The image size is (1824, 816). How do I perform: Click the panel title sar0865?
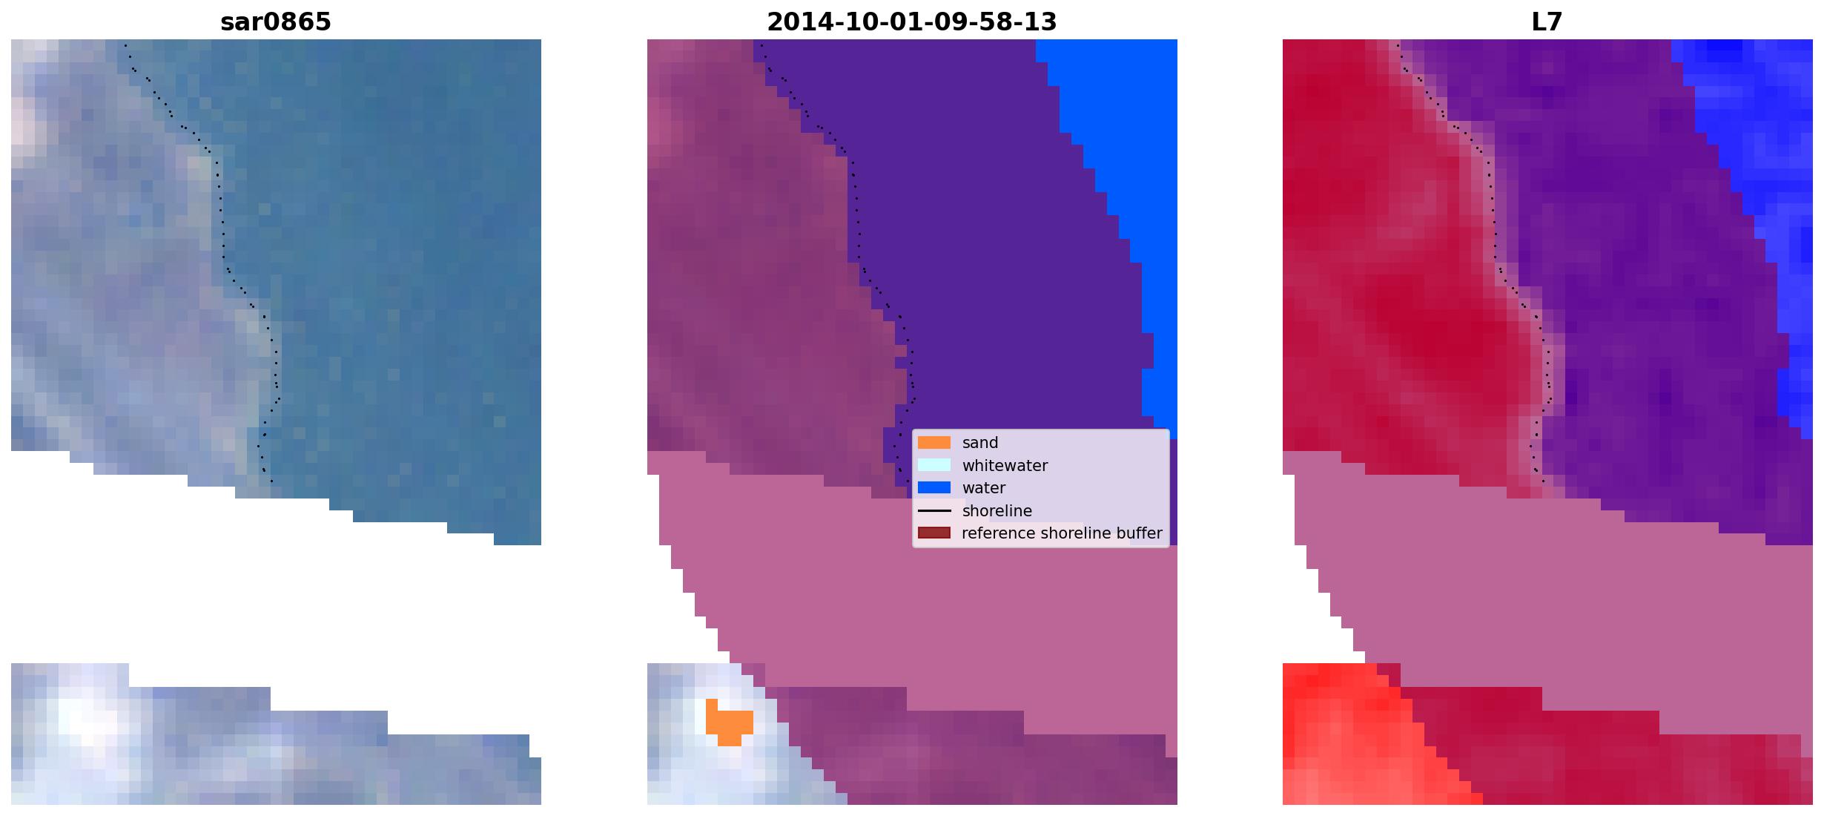[x=276, y=22]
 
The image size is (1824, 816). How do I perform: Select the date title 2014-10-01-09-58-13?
[x=911, y=22]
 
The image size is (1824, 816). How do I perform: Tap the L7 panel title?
[x=1547, y=22]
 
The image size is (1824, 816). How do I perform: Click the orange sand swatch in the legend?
[x=934, y=443]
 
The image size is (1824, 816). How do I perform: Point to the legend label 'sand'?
[x=980, y=443]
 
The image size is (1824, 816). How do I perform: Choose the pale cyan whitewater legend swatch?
[x=934, y=465]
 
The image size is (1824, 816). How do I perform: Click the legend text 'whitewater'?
[x=1005, y=466]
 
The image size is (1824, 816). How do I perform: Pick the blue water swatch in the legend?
[x=934, y=487]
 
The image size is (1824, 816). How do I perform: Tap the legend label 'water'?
[x=984, y=488]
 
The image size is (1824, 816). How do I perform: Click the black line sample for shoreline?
[x=934, y=510]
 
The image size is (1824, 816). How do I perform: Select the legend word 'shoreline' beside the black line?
[x=997, y=510]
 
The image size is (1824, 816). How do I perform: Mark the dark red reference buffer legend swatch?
[x=934, y=533]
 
